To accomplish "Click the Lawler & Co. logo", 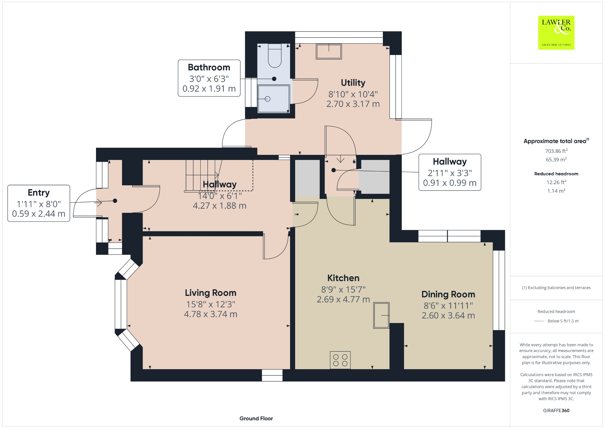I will tap(556, 33).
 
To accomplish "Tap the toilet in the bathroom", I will tap(274, 56).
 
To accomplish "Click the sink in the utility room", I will tap(329, 51).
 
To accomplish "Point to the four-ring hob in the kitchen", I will tap(340, 360).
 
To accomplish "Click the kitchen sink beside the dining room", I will tap(381, 315).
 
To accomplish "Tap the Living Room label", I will tap(210, 293).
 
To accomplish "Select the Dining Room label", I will tap(448, 294).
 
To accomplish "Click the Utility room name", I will tap(353, 83).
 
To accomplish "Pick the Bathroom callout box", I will tap(209, 78).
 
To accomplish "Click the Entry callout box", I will tap(39, 203).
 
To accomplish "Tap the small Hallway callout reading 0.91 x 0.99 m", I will tap(450, 172).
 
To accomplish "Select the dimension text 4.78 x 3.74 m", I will tap(210, 314).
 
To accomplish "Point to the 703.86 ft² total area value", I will tap(556, 151).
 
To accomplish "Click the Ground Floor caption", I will tap(256, 418).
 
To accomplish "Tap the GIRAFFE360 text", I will tap(556, 410).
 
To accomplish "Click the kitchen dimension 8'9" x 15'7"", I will tap(343, 289).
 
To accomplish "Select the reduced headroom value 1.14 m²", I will tap(556, 191).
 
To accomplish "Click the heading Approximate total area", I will tap(555, 141).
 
